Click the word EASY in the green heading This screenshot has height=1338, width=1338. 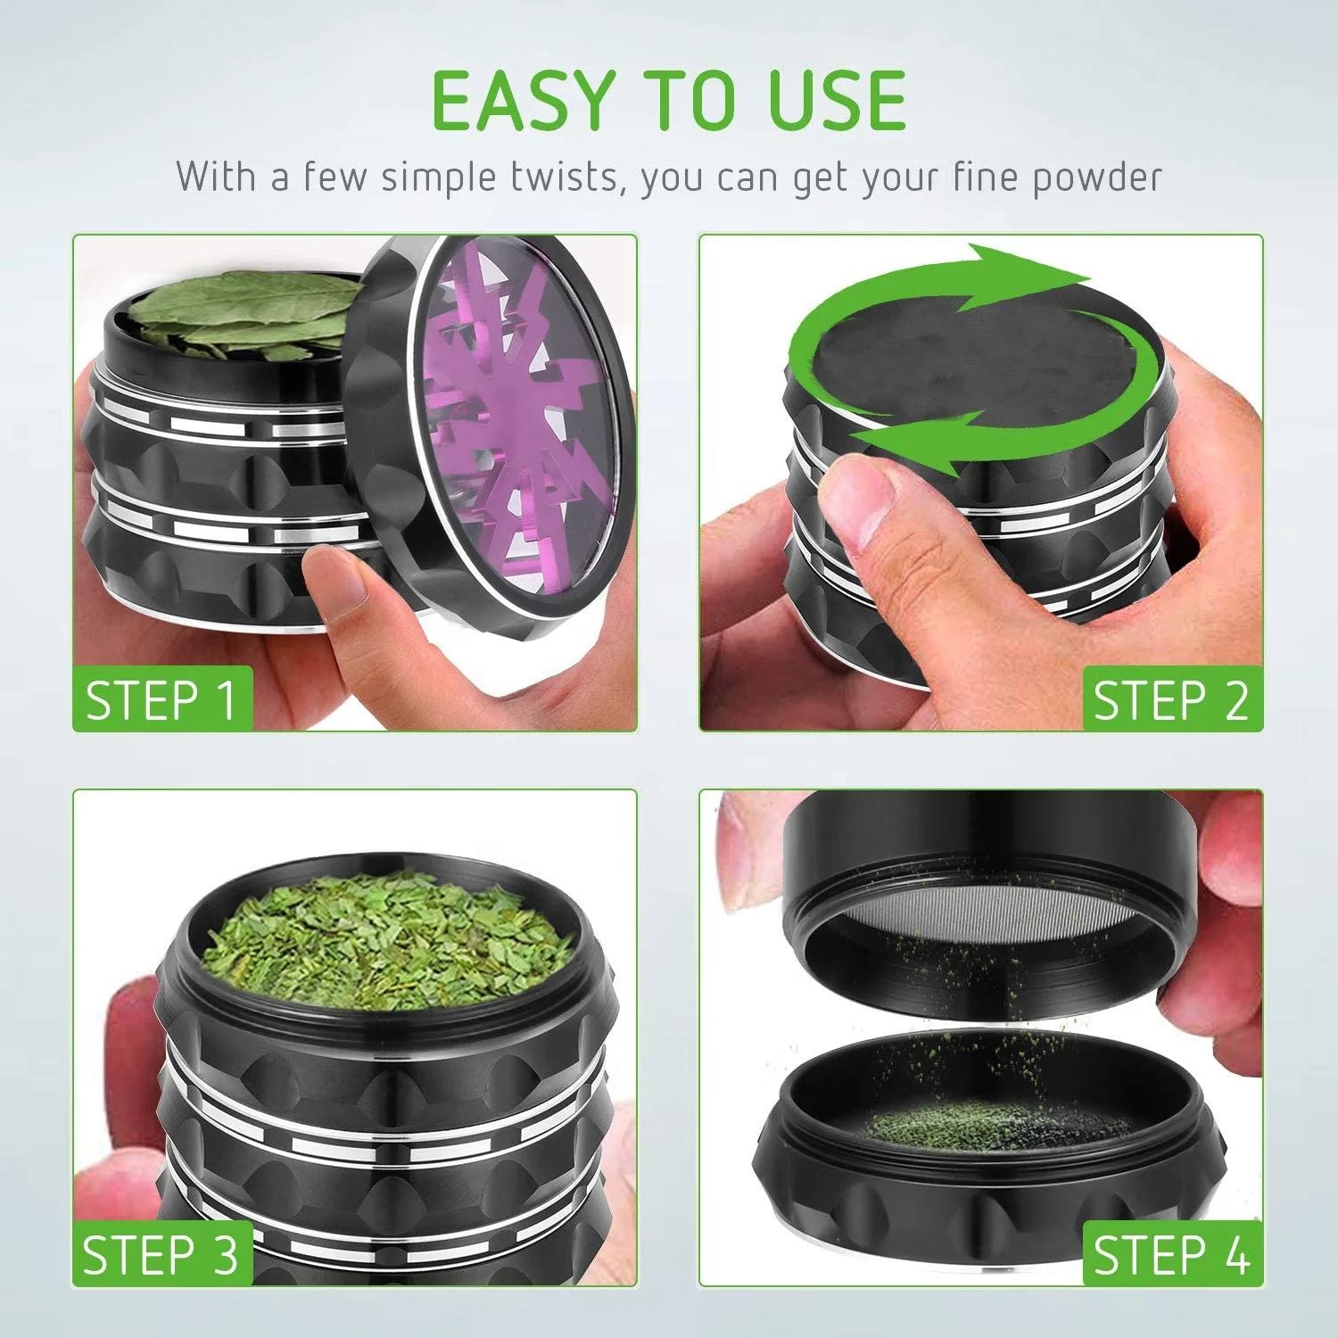524,100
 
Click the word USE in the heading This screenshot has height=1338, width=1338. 837,100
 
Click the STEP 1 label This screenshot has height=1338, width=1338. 161,699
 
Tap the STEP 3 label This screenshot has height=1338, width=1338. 161,1254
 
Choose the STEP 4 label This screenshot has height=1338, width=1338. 1172,1255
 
